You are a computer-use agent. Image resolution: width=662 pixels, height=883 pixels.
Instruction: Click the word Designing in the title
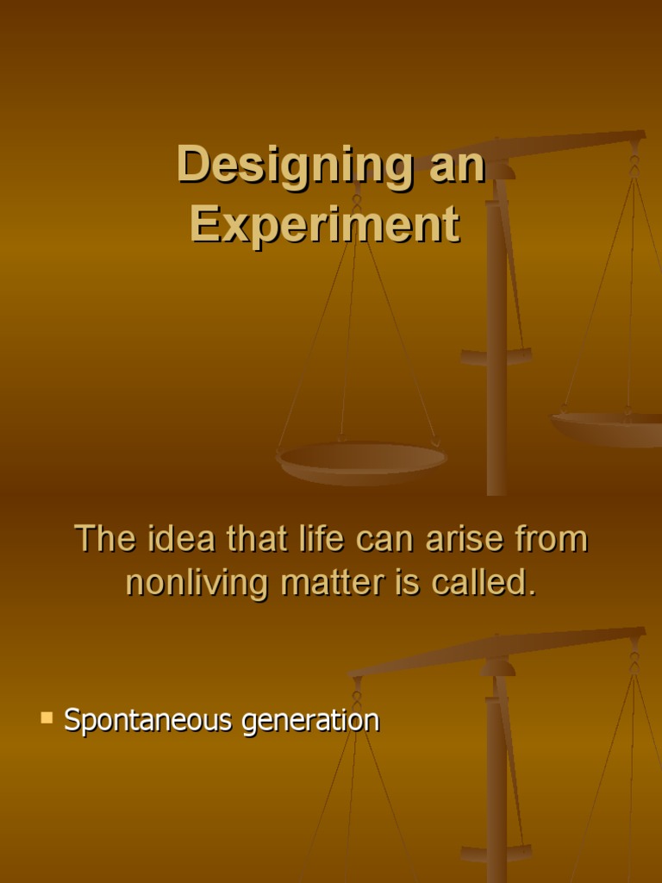click(294, 165)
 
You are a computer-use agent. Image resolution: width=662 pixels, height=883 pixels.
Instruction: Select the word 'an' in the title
click(458, 165)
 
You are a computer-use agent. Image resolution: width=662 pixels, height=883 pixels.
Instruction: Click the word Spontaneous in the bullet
click(148, 720)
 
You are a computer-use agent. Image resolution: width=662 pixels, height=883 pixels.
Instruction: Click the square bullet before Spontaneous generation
click(47, 717)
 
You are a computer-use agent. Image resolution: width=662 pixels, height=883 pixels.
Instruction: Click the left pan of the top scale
click(362, 460)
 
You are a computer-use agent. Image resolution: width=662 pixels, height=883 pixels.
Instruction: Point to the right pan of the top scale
click(609, 426)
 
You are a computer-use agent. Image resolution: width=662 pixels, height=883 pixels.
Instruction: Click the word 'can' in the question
click(373, 539)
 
